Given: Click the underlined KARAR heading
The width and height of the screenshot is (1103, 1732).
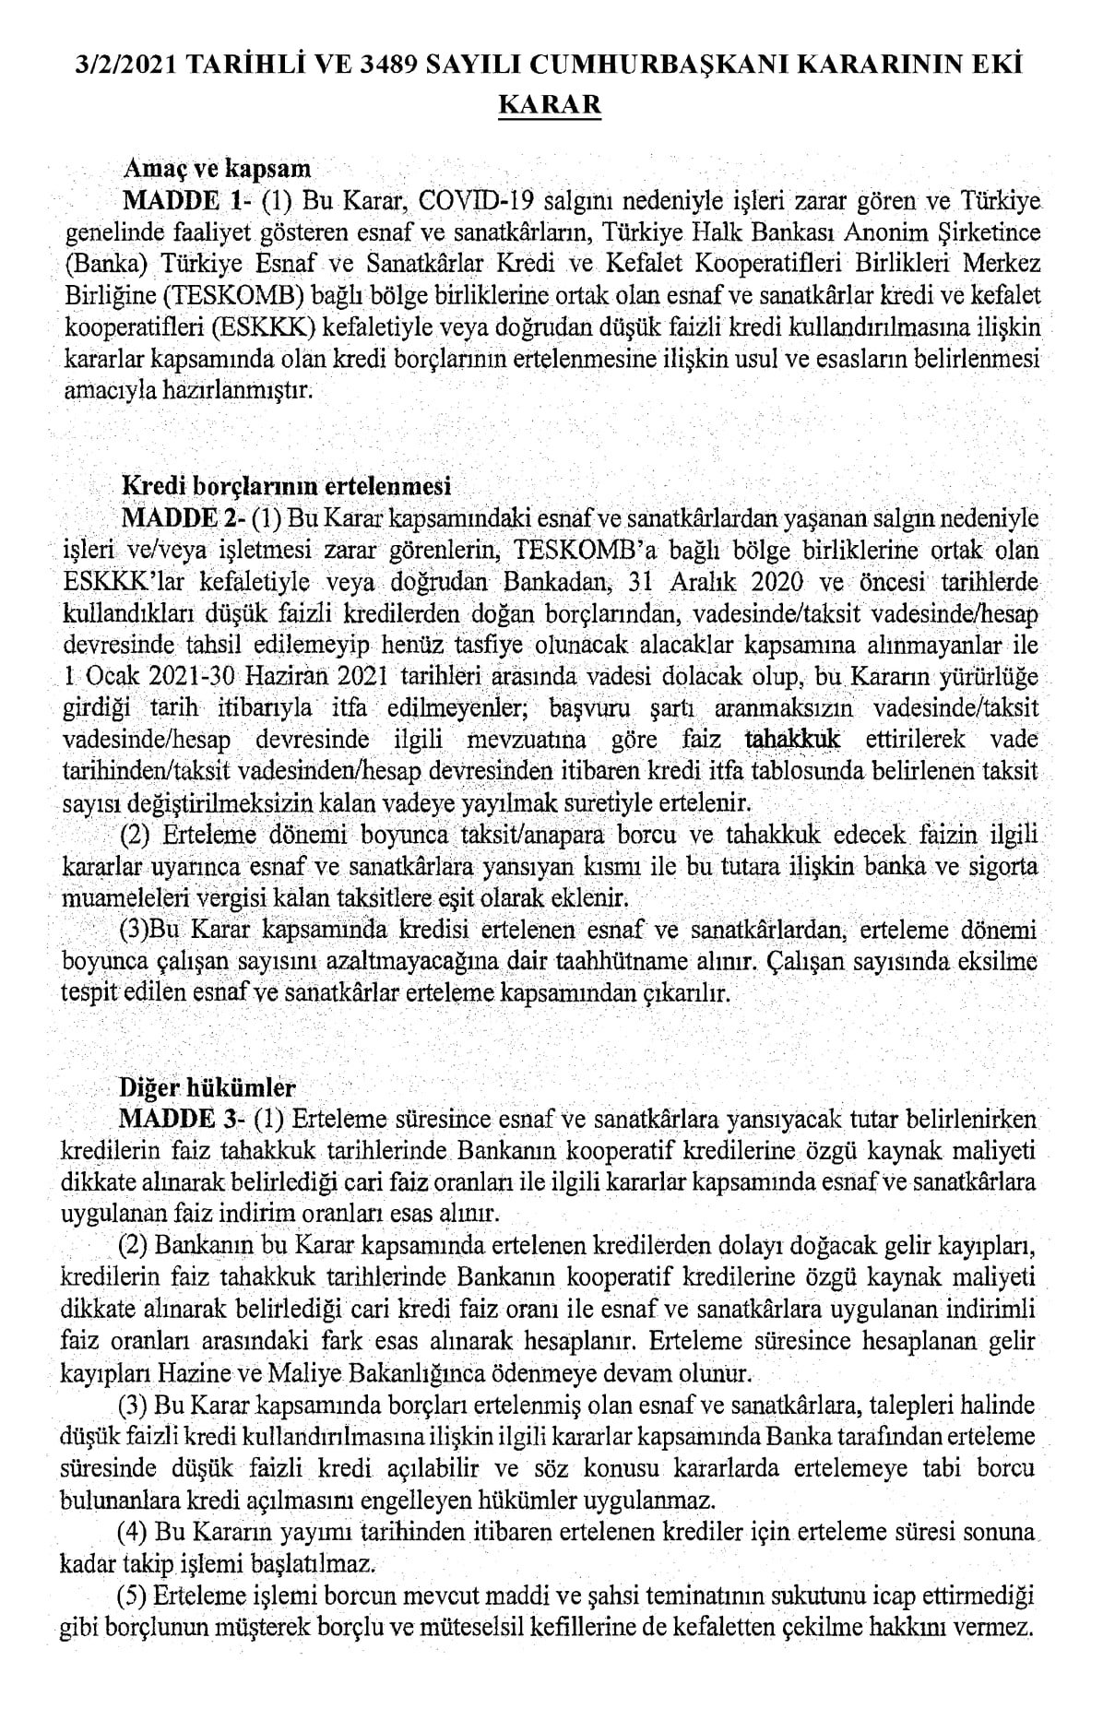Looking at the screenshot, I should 550,104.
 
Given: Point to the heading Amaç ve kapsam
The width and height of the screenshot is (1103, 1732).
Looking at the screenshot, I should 218,170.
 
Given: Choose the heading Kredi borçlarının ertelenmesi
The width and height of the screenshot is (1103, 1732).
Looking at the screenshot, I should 287,484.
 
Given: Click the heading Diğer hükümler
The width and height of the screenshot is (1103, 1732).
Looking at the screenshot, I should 208,1087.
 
